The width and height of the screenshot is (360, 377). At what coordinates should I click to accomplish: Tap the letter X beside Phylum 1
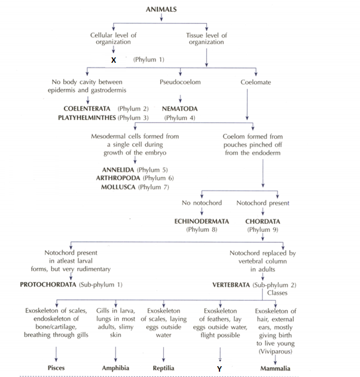pos(114,60)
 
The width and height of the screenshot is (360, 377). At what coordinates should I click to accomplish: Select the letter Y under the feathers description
pos(219,369)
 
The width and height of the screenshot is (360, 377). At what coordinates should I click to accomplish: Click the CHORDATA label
pos(263,220)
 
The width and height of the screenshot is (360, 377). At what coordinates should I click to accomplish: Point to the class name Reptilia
pos(163,369)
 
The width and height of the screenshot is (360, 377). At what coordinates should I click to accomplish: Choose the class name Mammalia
pos(275,369)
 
